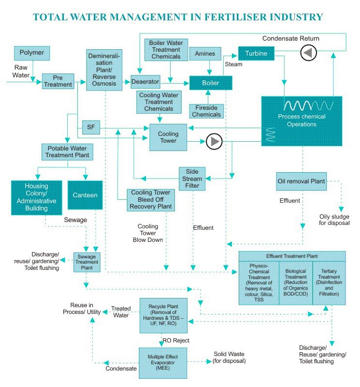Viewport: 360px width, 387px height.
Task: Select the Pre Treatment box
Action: click(x=57, y=81)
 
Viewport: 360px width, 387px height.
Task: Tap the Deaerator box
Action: click(x=145, y=82)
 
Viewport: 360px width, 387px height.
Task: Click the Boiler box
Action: click(x=211, y=83)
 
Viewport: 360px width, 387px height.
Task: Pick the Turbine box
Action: click(x=256, y=53)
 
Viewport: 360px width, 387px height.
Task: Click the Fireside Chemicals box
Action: click(x=207, y=111)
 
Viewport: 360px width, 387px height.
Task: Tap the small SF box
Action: click(x=90, y=127)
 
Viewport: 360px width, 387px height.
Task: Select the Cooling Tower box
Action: click(x=168, y=137)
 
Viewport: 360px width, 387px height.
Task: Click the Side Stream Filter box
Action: click(x=192, y=179)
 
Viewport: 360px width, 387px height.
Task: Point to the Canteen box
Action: click(x=85, y=195)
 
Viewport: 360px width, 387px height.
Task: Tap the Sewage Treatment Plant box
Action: click(x=87, y=262)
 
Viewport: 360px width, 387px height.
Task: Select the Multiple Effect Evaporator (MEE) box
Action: click(x=163, y=362)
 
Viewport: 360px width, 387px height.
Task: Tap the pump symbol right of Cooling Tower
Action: click(x=214, y=141)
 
